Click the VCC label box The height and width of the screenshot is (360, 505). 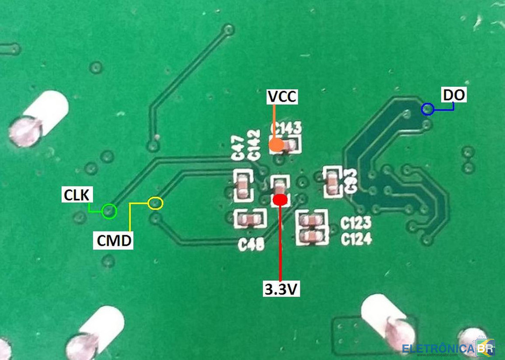point(282,96)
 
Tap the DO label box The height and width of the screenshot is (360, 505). point(453,95)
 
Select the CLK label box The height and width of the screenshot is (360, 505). point(75,194)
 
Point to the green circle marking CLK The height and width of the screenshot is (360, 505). point(109,211)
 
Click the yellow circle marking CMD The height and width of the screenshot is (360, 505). point(156,203)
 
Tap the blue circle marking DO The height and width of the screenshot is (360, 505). point(427,109)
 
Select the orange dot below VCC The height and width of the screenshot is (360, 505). point(275,145)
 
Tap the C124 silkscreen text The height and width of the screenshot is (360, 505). point(356,238)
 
